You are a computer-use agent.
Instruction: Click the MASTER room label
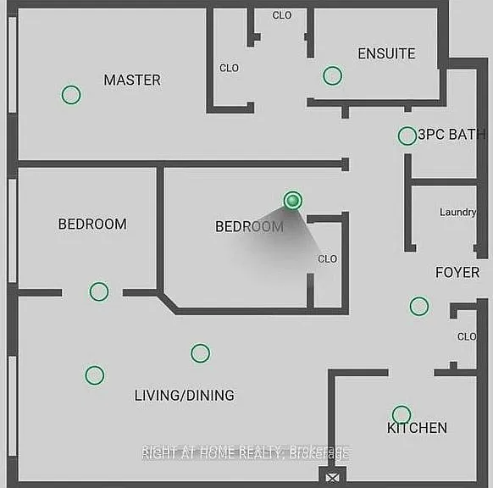tap(132, 80)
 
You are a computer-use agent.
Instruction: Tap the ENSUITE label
tap(386, 53)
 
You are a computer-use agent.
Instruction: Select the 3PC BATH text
tap(451, 134)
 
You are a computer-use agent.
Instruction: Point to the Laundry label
tap(457, 213)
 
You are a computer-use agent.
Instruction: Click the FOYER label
tap(457, 272)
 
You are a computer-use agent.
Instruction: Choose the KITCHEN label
tap(417, 428)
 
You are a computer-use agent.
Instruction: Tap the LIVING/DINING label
tap(185, 396)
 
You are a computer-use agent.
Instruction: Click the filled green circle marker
tap(293, 200)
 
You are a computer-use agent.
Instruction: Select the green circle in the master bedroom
tap(71, 95)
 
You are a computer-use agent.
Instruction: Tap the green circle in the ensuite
tap(332, 75)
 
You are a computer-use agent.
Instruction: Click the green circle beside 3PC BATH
tap(407, 136)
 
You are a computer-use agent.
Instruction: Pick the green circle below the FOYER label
tap(419, 306)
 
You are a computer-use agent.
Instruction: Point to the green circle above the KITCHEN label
tap(402, 414)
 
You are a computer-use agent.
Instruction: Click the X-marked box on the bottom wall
tap(332, 478)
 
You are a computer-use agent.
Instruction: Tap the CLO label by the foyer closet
tap(467, 336)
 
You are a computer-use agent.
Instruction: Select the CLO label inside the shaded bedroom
tap(327, 258)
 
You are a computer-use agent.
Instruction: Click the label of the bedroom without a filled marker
tap(92, 225)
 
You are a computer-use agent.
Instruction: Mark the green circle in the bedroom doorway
tap(99, 291)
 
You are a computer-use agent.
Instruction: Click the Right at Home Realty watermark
tap(246, 452)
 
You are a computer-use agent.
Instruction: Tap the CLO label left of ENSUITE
tap(230, 68)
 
